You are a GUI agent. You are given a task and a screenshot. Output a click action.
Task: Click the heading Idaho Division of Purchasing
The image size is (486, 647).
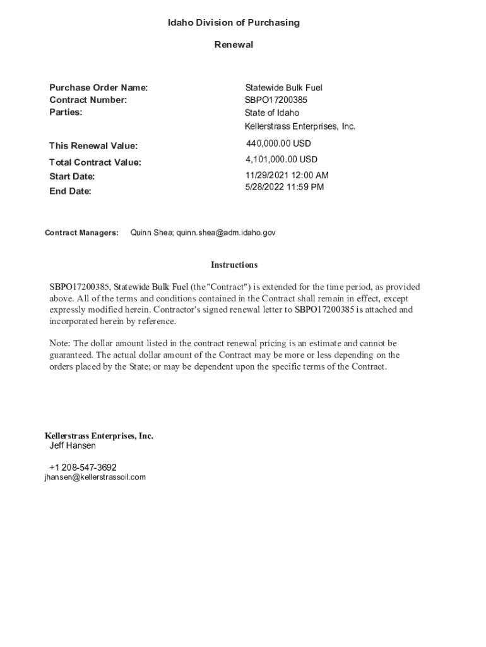click(234, 23)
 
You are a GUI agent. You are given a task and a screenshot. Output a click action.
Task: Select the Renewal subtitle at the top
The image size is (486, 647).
click(234, 45)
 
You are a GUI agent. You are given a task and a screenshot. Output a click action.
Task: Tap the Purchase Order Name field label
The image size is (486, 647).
click(98, 88)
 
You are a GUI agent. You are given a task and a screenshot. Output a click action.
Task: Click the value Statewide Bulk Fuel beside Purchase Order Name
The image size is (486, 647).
click(283, 88)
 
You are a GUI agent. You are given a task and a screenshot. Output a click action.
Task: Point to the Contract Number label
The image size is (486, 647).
click(88, 100)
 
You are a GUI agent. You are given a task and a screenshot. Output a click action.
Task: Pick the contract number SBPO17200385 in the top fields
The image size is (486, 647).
click(276, 100)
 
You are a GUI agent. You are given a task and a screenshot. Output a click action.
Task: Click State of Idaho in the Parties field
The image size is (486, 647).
click(272, 113)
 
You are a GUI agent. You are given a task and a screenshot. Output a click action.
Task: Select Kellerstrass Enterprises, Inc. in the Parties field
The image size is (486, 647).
click(300, 126)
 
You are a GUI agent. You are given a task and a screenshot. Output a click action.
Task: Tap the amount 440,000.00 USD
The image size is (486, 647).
click(278, 144)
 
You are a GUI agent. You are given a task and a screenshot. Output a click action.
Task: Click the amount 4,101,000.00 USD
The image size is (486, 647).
click(282, 160)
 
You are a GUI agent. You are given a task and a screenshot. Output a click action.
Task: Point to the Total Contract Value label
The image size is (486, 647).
click(95, 162)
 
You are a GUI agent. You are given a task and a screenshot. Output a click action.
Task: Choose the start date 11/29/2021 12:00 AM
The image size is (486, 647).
click(287, 175)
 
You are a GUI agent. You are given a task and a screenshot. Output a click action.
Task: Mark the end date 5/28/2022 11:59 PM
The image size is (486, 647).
click(284, 187)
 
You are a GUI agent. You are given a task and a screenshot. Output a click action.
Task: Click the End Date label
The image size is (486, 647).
click(70, 191)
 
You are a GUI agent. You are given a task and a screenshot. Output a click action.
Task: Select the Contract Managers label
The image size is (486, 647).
click(81, 233)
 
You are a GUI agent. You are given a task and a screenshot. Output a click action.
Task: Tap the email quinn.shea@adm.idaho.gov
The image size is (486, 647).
click(226, 233)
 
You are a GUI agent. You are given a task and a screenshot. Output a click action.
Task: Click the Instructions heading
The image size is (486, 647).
click(234, 265)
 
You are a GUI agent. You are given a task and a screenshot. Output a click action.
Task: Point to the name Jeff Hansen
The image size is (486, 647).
click(73, 445)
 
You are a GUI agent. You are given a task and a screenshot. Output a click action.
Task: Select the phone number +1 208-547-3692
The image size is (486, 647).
click(83, 468)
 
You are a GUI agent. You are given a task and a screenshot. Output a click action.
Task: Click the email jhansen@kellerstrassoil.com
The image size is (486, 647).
click(95, 477)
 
